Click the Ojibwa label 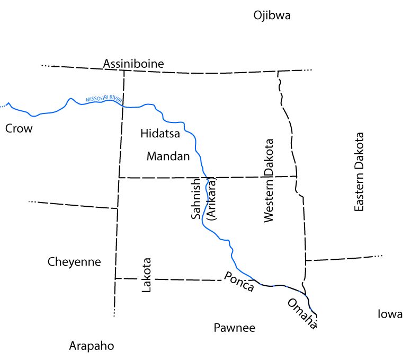pyautogui.click(x=272, y=15)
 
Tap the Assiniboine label pyautogui.click(x=133, y=64)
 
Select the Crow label pyautogui.click(x=19, y=129)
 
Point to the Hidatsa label pyautogui.click(x=160, y=134)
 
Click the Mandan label pyautogui.click(x=168, y=156)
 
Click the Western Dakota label pyautogui.click(x=269, y=181)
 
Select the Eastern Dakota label pyautogui.click(x=360, y=172)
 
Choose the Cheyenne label pyautogui.click(x=74, y=262)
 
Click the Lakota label pyautogui.click(x=147, y=275)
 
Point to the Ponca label pyautogui.click(x=239, y=282)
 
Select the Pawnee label pyautogui.click(x=235, y=328)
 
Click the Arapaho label pyautogui.click(x=92, y=346)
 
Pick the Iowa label pyautogui.click(x=390, y=314)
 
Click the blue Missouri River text pyautogui.click(x=103, y=99)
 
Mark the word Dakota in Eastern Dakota pyautogui.click(x=360, y=150)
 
